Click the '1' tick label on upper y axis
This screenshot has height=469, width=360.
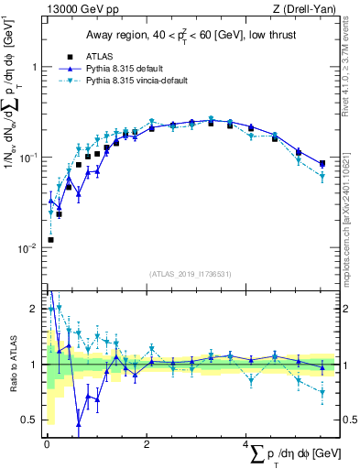click(x=34, y=68)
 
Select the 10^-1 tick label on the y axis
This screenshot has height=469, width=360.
click(x=29, y=158)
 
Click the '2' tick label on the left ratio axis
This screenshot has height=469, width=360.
click(x=34, y=310)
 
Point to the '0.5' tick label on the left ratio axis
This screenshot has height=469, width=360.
click(x=29, y=420)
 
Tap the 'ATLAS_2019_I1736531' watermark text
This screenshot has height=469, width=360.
click(x=191, y=273)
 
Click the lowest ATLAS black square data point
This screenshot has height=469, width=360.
click(x=50, y=240)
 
